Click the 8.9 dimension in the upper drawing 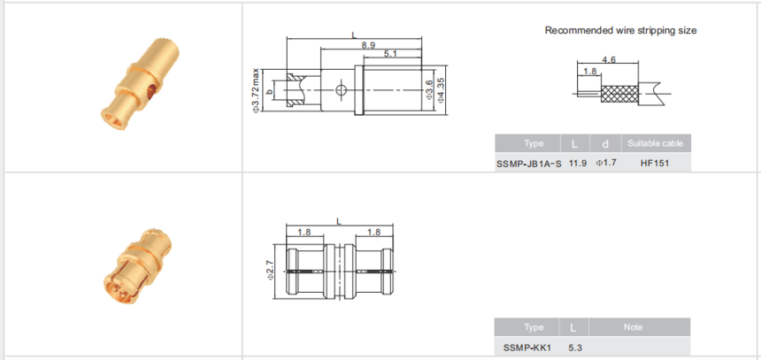tap(368, 45)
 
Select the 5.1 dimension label tap(390, 54)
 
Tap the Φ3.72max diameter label tap(255, 91)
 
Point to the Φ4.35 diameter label tap(441, 89)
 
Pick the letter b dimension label tap(270, 91)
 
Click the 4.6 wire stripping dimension tap(609, 59)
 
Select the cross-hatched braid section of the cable tap(619, 94)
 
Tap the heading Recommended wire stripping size tap(620, 30)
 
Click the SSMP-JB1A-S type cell tap(529, 164)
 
